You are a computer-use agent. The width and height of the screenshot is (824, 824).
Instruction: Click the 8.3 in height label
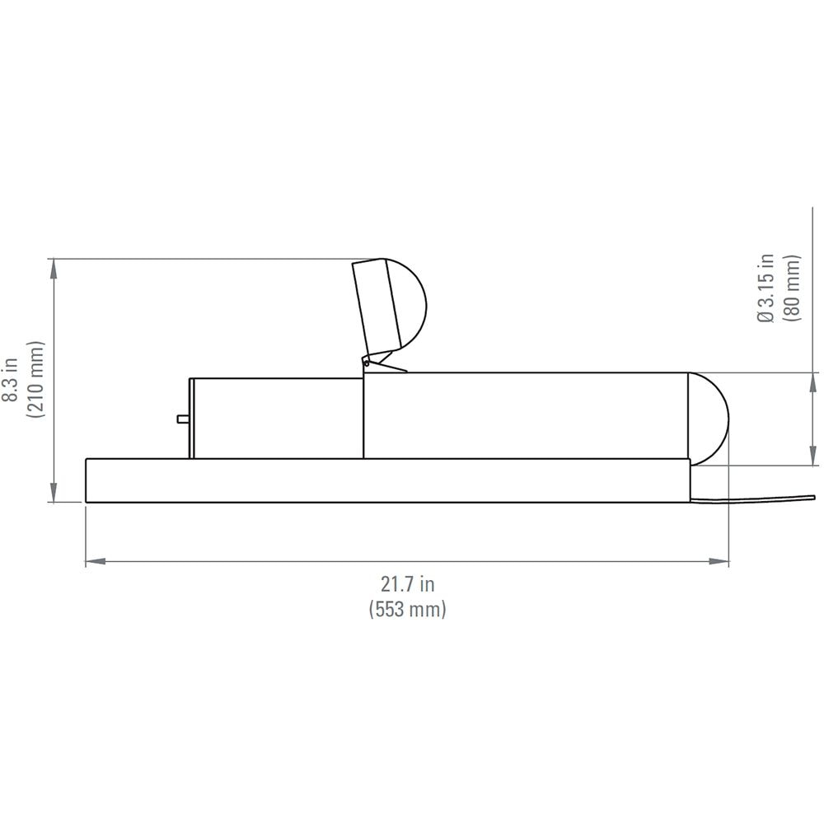pyautogui.click(x=10, y=380)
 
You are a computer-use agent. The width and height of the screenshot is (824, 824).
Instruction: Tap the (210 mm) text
pyautogui.click(x=35, y=380)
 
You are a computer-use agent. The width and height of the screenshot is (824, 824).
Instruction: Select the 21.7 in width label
pyautogui.click(x=407, y=584)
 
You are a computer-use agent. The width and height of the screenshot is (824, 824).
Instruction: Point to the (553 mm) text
pyautogui.click(x=407, y=610)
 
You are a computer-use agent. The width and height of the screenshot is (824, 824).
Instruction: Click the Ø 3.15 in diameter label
pyautogui.click(x=767, y=288)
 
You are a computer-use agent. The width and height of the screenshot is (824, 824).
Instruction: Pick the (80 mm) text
pyautogui.click(x=794, y=288)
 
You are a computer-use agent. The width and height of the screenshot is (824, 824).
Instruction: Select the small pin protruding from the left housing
pyautogui.click(x=183, y=419)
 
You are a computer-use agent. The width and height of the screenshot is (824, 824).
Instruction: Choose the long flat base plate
pyautogui.click(x=387, y=480)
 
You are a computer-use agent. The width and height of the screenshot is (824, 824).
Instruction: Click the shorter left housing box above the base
pyautogui.click(x=276, y=418)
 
